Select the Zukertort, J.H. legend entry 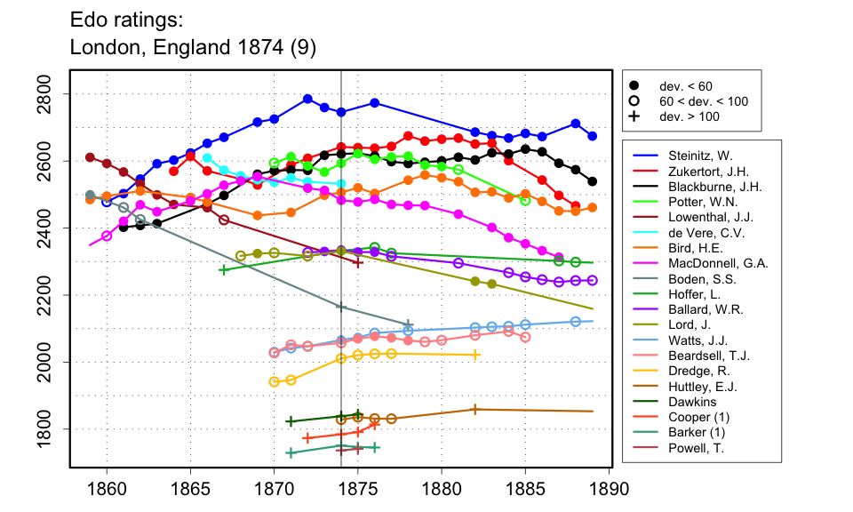702,171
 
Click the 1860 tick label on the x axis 107,488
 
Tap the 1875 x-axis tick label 358,488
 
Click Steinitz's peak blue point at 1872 307,99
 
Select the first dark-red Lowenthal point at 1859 90,157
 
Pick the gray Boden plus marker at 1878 408,325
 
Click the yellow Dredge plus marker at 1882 475,355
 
